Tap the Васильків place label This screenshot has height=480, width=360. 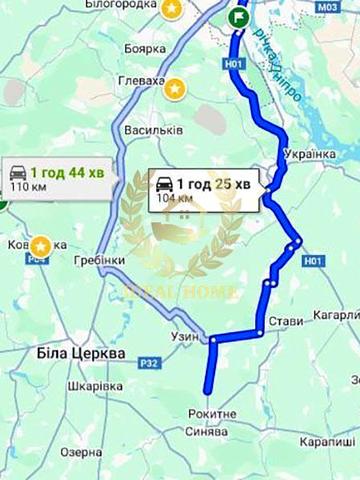[153, 131]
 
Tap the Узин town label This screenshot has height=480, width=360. [186, 337]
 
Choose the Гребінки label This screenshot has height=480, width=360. [98, 261]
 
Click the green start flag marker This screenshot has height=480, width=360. [239, 17]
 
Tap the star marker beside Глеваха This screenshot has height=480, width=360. [176, 88]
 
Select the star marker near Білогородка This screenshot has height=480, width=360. [172, 9]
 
